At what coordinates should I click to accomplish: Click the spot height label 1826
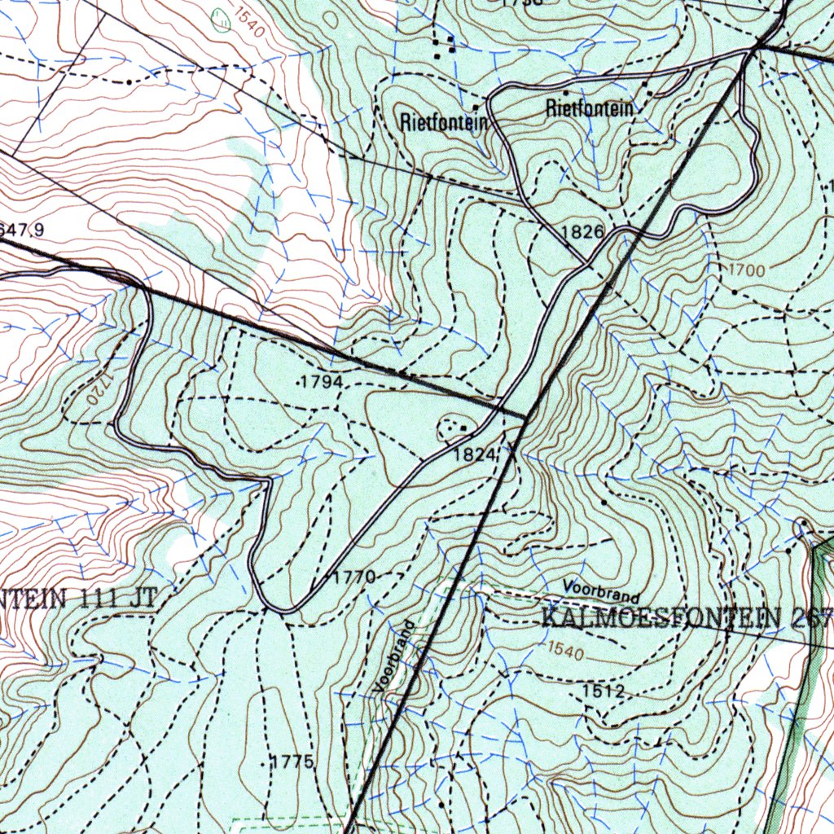coord(582,232)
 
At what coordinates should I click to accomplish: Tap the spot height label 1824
coord(475,454)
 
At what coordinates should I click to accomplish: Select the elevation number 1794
coord(322,381)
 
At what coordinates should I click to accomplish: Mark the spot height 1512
coord(604,691)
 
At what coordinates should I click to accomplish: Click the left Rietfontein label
coord(444,123)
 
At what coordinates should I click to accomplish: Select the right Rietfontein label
coord(590,108)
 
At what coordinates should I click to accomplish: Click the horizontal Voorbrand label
coord(601,590)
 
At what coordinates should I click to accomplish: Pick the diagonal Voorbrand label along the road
coord(395,656)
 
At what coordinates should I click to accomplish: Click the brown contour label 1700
coord(741,269)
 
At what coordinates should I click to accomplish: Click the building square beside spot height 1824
coord(463,427)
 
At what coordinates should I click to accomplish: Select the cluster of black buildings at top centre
coord(444,46)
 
